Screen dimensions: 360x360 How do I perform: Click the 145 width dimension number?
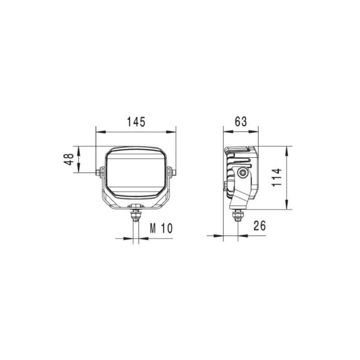click(136, 122)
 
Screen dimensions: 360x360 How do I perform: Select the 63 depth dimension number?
click(241, 122)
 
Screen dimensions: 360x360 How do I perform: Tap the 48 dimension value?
click(69, 159)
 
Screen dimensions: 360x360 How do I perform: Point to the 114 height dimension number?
click(277, 178)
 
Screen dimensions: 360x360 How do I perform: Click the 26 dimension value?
click(260, 226)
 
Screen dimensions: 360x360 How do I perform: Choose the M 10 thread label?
click(161, 228)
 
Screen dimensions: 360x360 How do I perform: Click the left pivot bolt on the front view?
click(100, 172)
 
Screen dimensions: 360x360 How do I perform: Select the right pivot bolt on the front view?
click(172, 172)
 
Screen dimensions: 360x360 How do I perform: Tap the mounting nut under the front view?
click(136, 215)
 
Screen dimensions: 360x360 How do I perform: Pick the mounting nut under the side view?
click(238, 216)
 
